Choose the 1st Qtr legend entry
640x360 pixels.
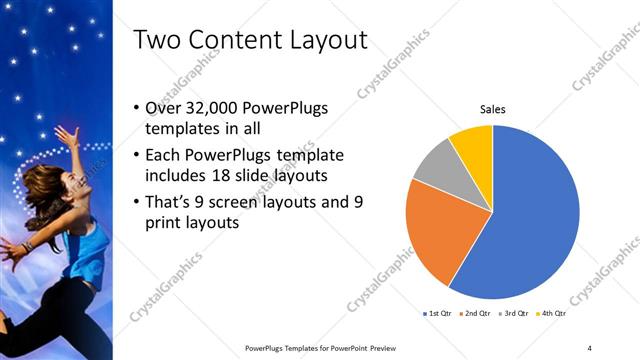coord(437,314)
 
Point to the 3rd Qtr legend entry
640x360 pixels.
coord(513,314)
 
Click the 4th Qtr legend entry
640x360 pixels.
coord(551,314)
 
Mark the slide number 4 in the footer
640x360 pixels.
coord(590,347)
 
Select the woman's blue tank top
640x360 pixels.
coord(89,255)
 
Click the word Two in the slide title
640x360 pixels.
coord(157,40)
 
